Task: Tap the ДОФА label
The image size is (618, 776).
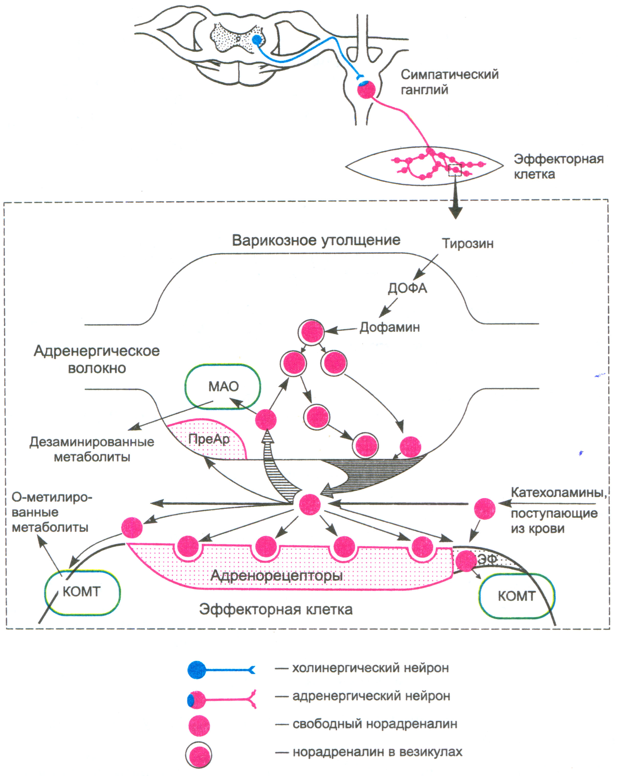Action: (x=407, y=288)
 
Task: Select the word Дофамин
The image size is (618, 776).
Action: (x=390, y=327)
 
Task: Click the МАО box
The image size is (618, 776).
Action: (x=223, y=386)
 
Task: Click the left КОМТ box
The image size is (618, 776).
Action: (x=82, y=592)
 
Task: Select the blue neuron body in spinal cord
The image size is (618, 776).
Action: (x=257, y=40)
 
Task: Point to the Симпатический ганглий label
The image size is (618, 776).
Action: (x=449, y=82)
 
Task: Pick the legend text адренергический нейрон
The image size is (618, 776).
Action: (x=371, y=696)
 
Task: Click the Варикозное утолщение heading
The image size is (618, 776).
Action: (x=316, y=240)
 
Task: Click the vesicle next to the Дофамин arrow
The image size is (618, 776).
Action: (x=311, y=331)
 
